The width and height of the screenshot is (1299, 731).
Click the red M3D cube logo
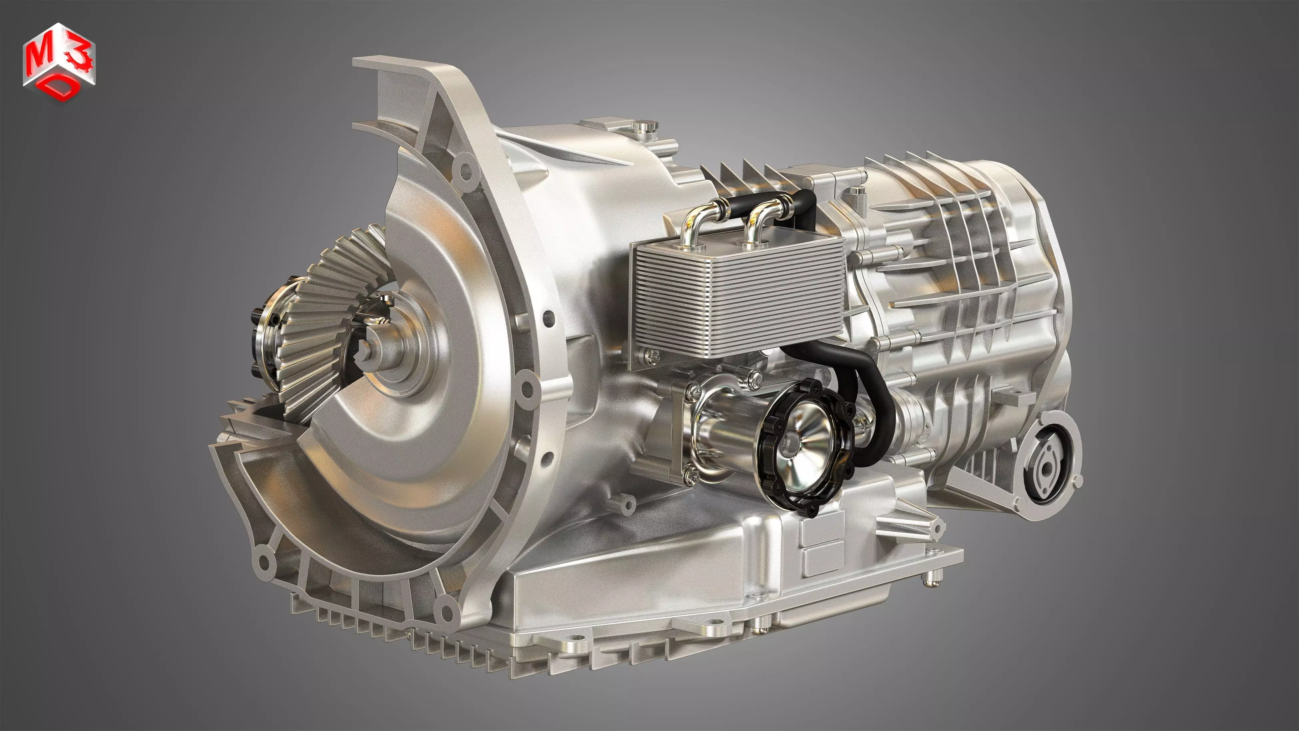tap(59, 63)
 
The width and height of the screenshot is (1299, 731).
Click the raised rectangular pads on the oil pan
tap(822, 545)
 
